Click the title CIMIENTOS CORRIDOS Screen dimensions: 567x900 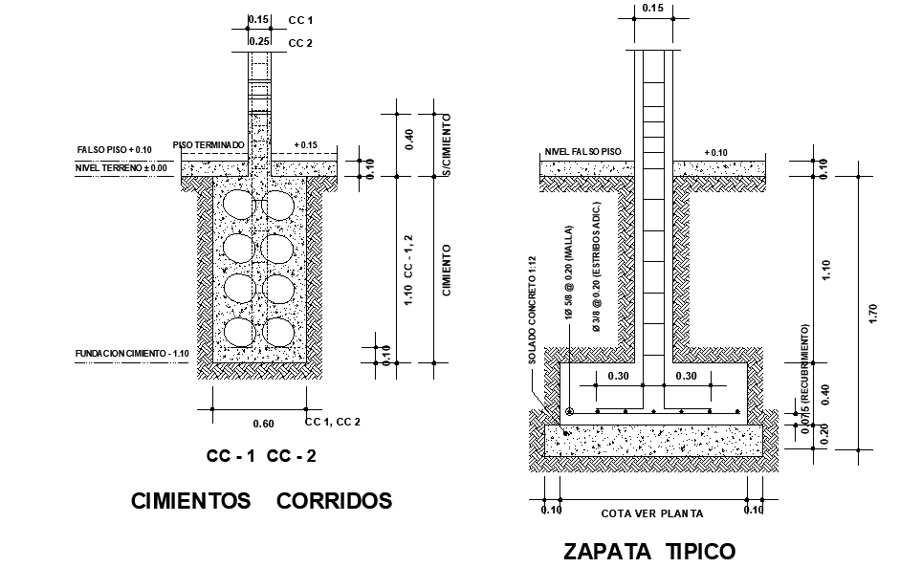point(261,500)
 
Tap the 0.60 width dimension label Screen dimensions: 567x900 point(263,424)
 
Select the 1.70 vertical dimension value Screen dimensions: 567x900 point(871,314)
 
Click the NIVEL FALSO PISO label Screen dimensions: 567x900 point(582,151)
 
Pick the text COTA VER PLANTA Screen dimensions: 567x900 point(651,513)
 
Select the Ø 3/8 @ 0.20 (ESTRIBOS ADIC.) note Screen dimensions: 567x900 point(596,268)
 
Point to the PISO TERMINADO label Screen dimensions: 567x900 point(209,144)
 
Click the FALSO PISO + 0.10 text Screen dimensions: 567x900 point(115,150)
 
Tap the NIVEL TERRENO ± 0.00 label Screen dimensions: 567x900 point(121,168)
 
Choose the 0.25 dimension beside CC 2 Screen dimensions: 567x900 point(258,42)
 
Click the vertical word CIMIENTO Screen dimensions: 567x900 point(447,270)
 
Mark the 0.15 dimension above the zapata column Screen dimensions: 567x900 point(653,8)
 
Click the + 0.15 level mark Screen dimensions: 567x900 point(306,145)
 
